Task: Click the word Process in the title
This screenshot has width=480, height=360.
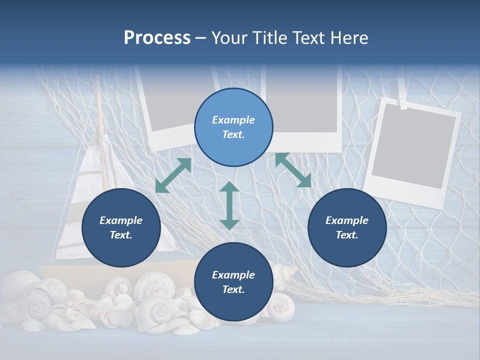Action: (x=157, y=38)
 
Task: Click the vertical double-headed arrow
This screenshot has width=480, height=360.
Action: (x=229, y=205)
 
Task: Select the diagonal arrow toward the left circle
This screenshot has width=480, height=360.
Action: (x=173, y=175)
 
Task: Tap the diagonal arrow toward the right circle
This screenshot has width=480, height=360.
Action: (x=293, y=170)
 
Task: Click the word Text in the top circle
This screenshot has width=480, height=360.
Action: (x=233, y=134)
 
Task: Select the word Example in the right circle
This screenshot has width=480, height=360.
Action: (x=347, y=220)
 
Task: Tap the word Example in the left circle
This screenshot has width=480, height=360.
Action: (x=121, y=220)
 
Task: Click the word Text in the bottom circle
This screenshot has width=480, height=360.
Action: (x=233, y=289)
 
